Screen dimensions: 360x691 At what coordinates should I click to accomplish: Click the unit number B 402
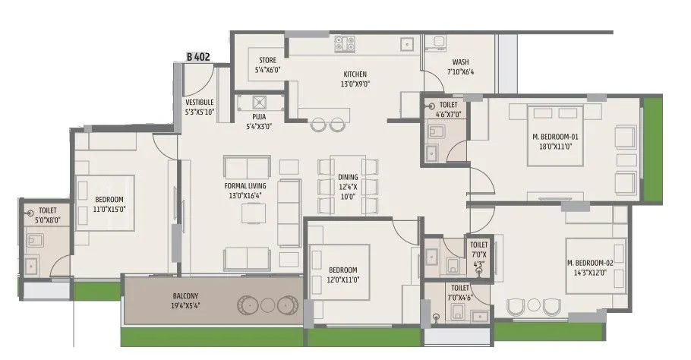point(198,56)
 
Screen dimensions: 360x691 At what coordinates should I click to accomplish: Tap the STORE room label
point(267,60)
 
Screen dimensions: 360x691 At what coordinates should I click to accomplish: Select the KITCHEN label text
point(355,74)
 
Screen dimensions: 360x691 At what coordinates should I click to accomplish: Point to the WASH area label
point(460,62)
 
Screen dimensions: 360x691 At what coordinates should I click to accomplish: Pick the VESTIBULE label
point(199,102)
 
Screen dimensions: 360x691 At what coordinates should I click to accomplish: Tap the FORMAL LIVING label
point(245,185)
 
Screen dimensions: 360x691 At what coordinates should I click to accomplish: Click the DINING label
point(348,177)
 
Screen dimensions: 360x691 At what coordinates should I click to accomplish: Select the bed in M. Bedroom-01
point(557,134)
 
